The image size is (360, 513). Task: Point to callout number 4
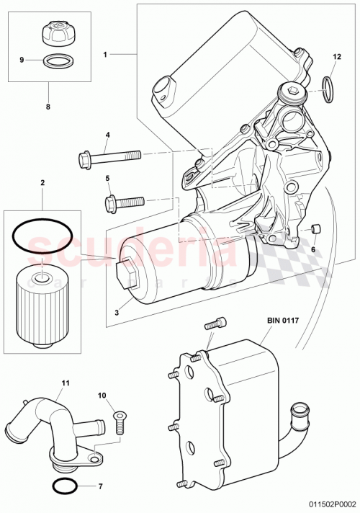107,135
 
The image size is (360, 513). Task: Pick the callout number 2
42,184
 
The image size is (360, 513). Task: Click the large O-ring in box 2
41,238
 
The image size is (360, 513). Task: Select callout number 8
48,105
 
